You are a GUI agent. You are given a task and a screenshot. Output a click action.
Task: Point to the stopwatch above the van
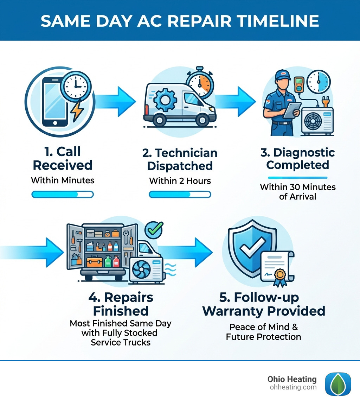coord(199,85)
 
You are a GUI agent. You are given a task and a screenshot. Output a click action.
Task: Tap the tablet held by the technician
coord(291,110)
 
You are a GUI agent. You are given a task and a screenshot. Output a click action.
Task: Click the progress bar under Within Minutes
coord(63,194)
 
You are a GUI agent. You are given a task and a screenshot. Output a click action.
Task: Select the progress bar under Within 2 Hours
coord(180,194)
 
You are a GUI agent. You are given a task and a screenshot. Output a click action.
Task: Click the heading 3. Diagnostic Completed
coord(298,159)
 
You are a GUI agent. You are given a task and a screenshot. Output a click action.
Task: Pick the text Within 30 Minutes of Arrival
coord(298,191)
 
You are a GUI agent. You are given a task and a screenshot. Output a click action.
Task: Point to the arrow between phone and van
coord(116,102)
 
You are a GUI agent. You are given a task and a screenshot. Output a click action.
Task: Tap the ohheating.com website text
coord(292,387)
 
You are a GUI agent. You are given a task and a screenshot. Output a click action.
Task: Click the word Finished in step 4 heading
coord(120,311)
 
